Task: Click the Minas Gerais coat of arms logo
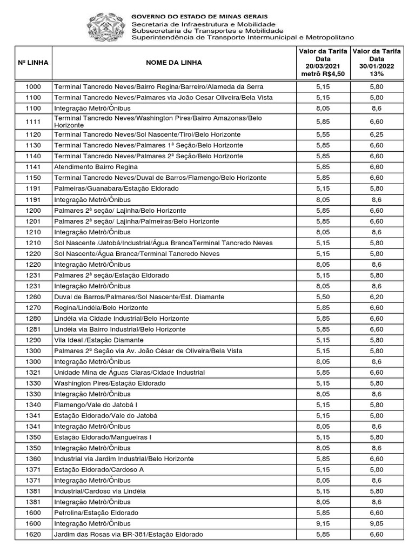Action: pos(106,28)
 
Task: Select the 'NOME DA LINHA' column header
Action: pos(174,63)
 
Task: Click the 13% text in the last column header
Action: pos(377,74)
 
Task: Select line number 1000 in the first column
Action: pos(34,86)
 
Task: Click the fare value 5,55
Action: pos(323,134)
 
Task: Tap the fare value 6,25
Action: pos(377,134)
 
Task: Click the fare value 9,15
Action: pos(323,524)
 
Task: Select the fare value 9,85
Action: pos(377,524)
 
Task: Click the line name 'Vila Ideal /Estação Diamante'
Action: pos(99,340)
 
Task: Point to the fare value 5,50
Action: pos(323,297)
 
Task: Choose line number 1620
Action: pos(34,535)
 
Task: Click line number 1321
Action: pos(34,373)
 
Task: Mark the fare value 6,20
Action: pos(377,297)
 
